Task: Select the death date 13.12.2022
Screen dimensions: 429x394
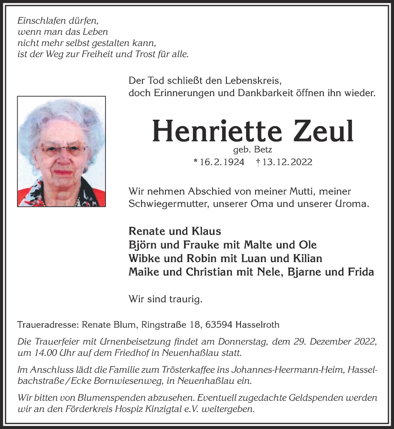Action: click(x=287, y=162)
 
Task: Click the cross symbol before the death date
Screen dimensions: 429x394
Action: click(x=257, y=162)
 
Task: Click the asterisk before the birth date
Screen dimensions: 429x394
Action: click(x=195, y=162)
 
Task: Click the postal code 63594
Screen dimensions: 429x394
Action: click(x=219, y=325)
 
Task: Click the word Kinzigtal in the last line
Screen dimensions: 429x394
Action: click(x=158, y=409)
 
